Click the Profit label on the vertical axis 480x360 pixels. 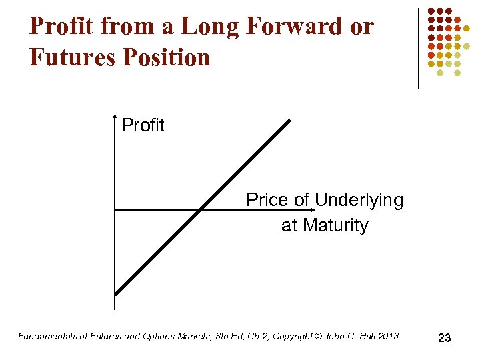[143, 125]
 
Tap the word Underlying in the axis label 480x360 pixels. [359, 200]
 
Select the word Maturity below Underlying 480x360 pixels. [335, 225]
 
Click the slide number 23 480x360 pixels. [445, 338]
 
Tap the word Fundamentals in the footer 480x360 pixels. [47, 336]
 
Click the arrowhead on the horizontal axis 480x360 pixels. [318, 210]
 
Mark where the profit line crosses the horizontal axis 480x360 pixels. [201, 210]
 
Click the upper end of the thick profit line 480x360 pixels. [289, 121]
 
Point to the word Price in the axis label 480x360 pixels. [267, 200]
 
